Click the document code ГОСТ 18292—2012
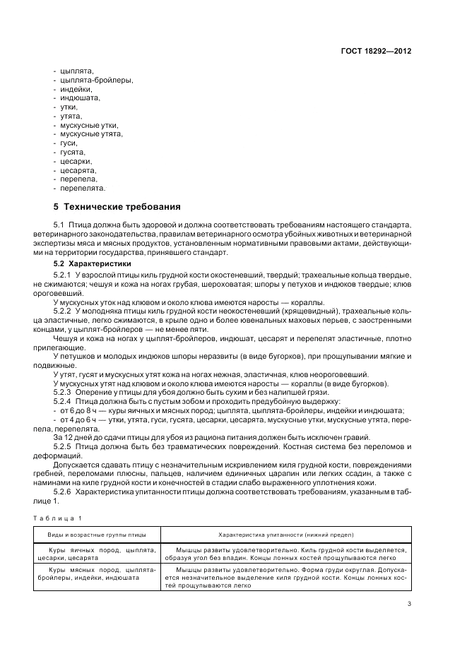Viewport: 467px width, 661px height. tap(376, 51)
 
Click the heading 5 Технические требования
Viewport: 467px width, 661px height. tap(117, 207)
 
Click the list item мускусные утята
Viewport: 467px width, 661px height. tap(91, 133)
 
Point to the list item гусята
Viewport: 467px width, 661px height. tap(73, 152)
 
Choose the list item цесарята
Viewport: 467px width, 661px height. tap(78, 170)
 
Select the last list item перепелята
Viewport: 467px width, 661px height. tap(83, 189)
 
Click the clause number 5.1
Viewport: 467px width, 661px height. tap(59, 225)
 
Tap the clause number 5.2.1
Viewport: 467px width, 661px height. tap(63, 273)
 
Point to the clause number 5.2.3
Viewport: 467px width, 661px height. tap(63, 391)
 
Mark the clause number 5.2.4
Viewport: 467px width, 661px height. tap(63, 400)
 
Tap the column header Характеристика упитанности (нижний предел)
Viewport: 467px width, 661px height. tap(286, 535)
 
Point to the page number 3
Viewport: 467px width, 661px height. tap(409, 603)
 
